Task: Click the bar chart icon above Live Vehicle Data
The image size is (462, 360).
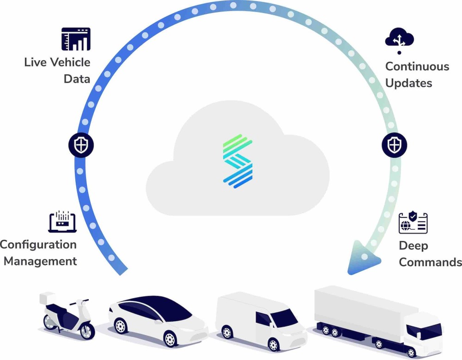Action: (x=76, y=39)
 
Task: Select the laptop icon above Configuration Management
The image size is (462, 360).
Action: (x=62, y=222)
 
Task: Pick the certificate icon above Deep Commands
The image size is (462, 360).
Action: (x=413, y=223)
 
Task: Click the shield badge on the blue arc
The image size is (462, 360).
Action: (x=81, y=145)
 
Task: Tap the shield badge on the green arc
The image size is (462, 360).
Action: (x=394, y=145)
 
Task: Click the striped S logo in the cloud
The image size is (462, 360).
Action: (x=237, y=161)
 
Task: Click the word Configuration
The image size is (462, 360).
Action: (x=38, y=245)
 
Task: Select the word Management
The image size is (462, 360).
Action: (x=40, y=261)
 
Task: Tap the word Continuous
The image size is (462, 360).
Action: (x=417, y=66)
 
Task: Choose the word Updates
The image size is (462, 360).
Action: (x=409, y=84)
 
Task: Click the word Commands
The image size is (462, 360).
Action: (x=430, y=263)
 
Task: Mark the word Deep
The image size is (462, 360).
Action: (x=413, y=246)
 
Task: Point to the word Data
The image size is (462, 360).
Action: (x=77, y=79)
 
